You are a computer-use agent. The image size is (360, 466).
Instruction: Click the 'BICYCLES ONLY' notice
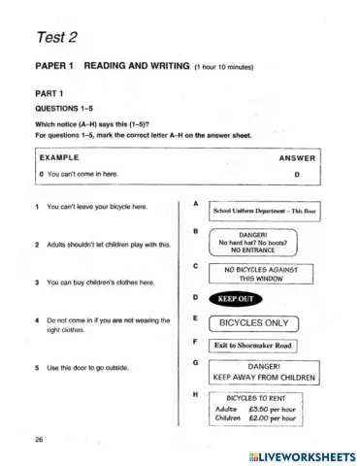point(254,320)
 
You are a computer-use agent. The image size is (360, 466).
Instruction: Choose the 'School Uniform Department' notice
point(257,210)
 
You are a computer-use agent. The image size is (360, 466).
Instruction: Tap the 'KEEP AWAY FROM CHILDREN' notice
point(257,370)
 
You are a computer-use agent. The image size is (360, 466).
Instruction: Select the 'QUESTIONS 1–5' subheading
point(63,109)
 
